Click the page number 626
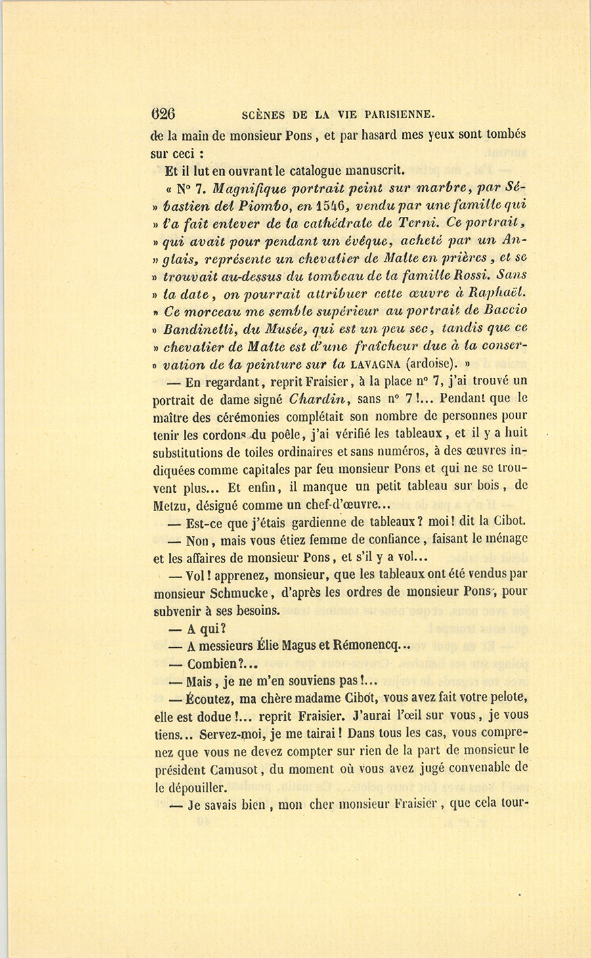tap(163, 113)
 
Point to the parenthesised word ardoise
tap(430, 363)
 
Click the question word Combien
tap(211, 664)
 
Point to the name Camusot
tap(222, 767)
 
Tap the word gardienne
tap(307, 522)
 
